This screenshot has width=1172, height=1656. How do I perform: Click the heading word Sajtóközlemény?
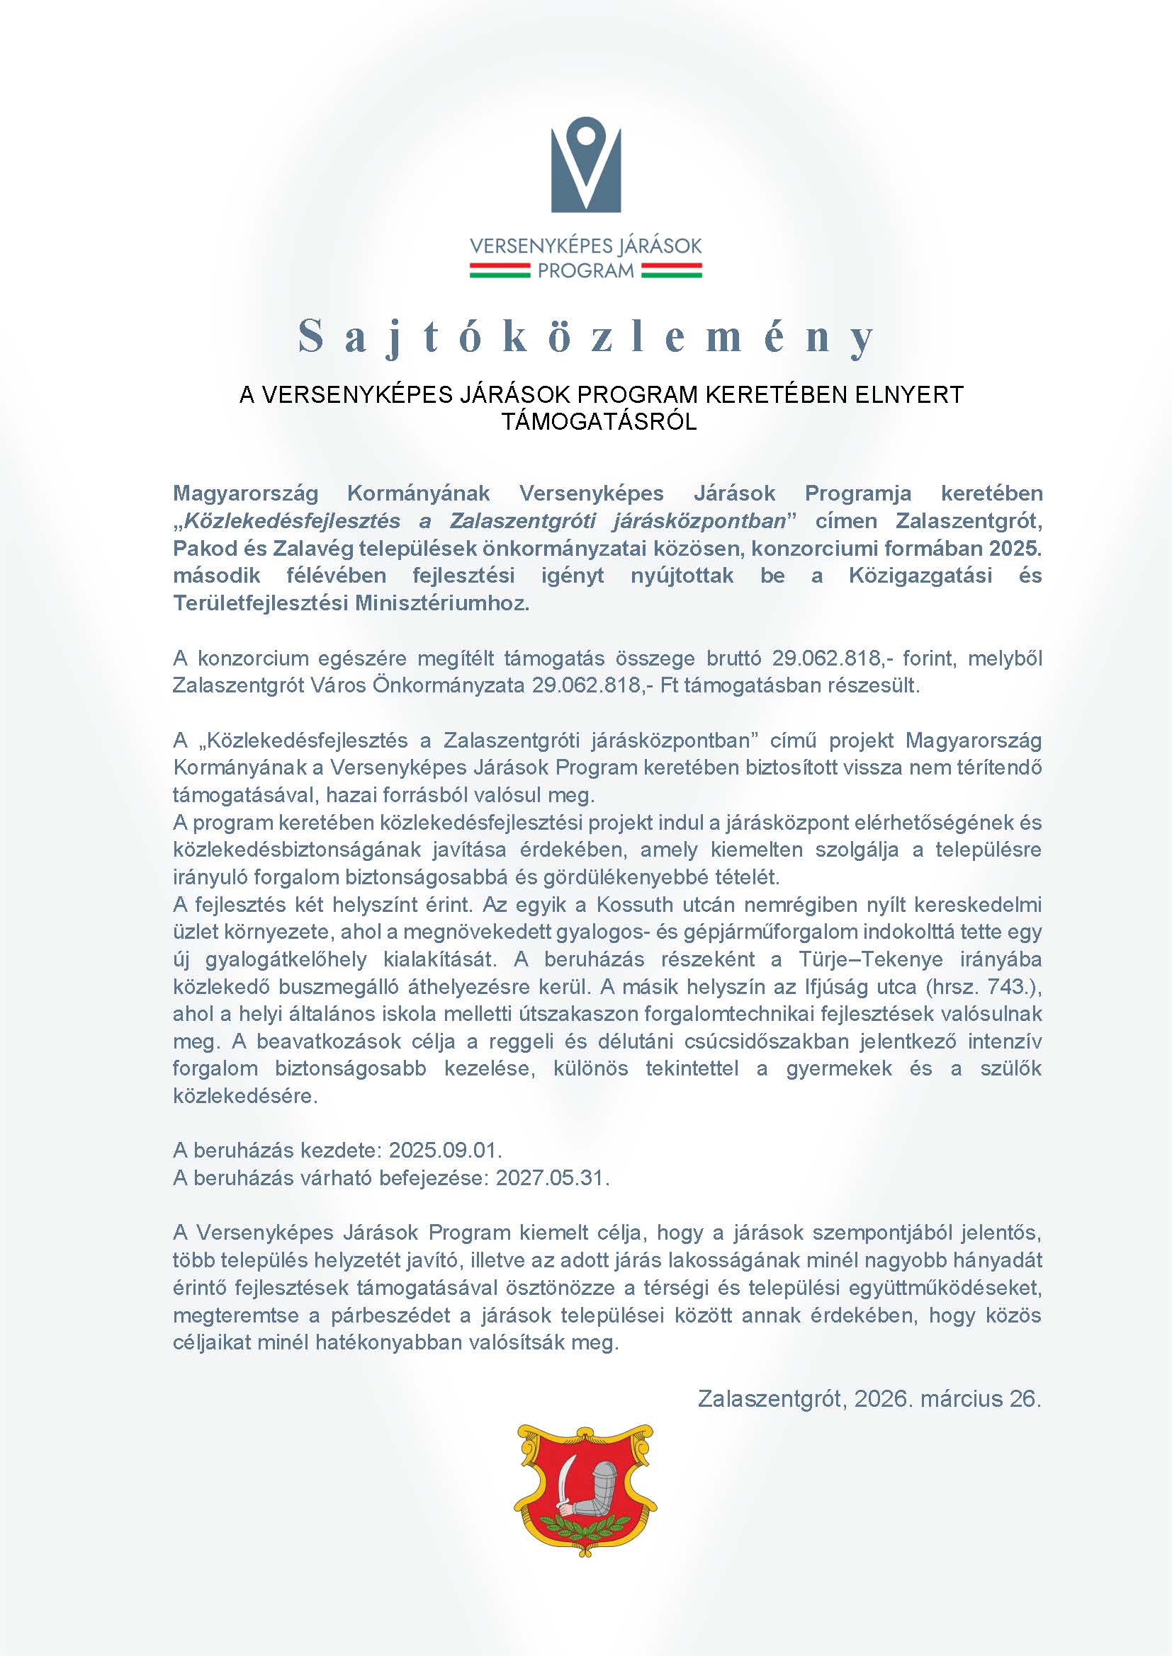[586, 337]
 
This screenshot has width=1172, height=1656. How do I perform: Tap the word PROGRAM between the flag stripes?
[585, 270]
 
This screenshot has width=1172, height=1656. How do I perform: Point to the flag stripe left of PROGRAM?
[500, 270]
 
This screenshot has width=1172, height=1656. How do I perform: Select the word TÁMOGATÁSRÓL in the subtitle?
[599, 421]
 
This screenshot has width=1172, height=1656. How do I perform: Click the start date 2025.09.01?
[445, 1149]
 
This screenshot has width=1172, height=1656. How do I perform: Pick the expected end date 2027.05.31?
[552, 1177]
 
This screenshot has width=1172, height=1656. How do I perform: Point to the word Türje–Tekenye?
[870, 959]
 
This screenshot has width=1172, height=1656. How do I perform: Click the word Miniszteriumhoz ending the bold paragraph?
[441, 603]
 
